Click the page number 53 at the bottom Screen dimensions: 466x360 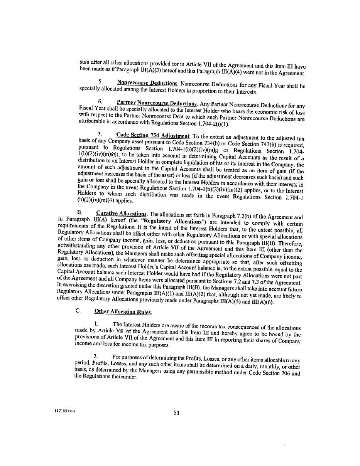coord(176,413)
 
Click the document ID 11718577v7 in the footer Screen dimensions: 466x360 coord(64,411)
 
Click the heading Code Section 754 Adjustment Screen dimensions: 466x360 coord(153,136)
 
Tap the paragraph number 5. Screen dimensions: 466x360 coord(100,82)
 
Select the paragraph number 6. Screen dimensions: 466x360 coord(100,102)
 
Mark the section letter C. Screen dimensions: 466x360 coord(78,310)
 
